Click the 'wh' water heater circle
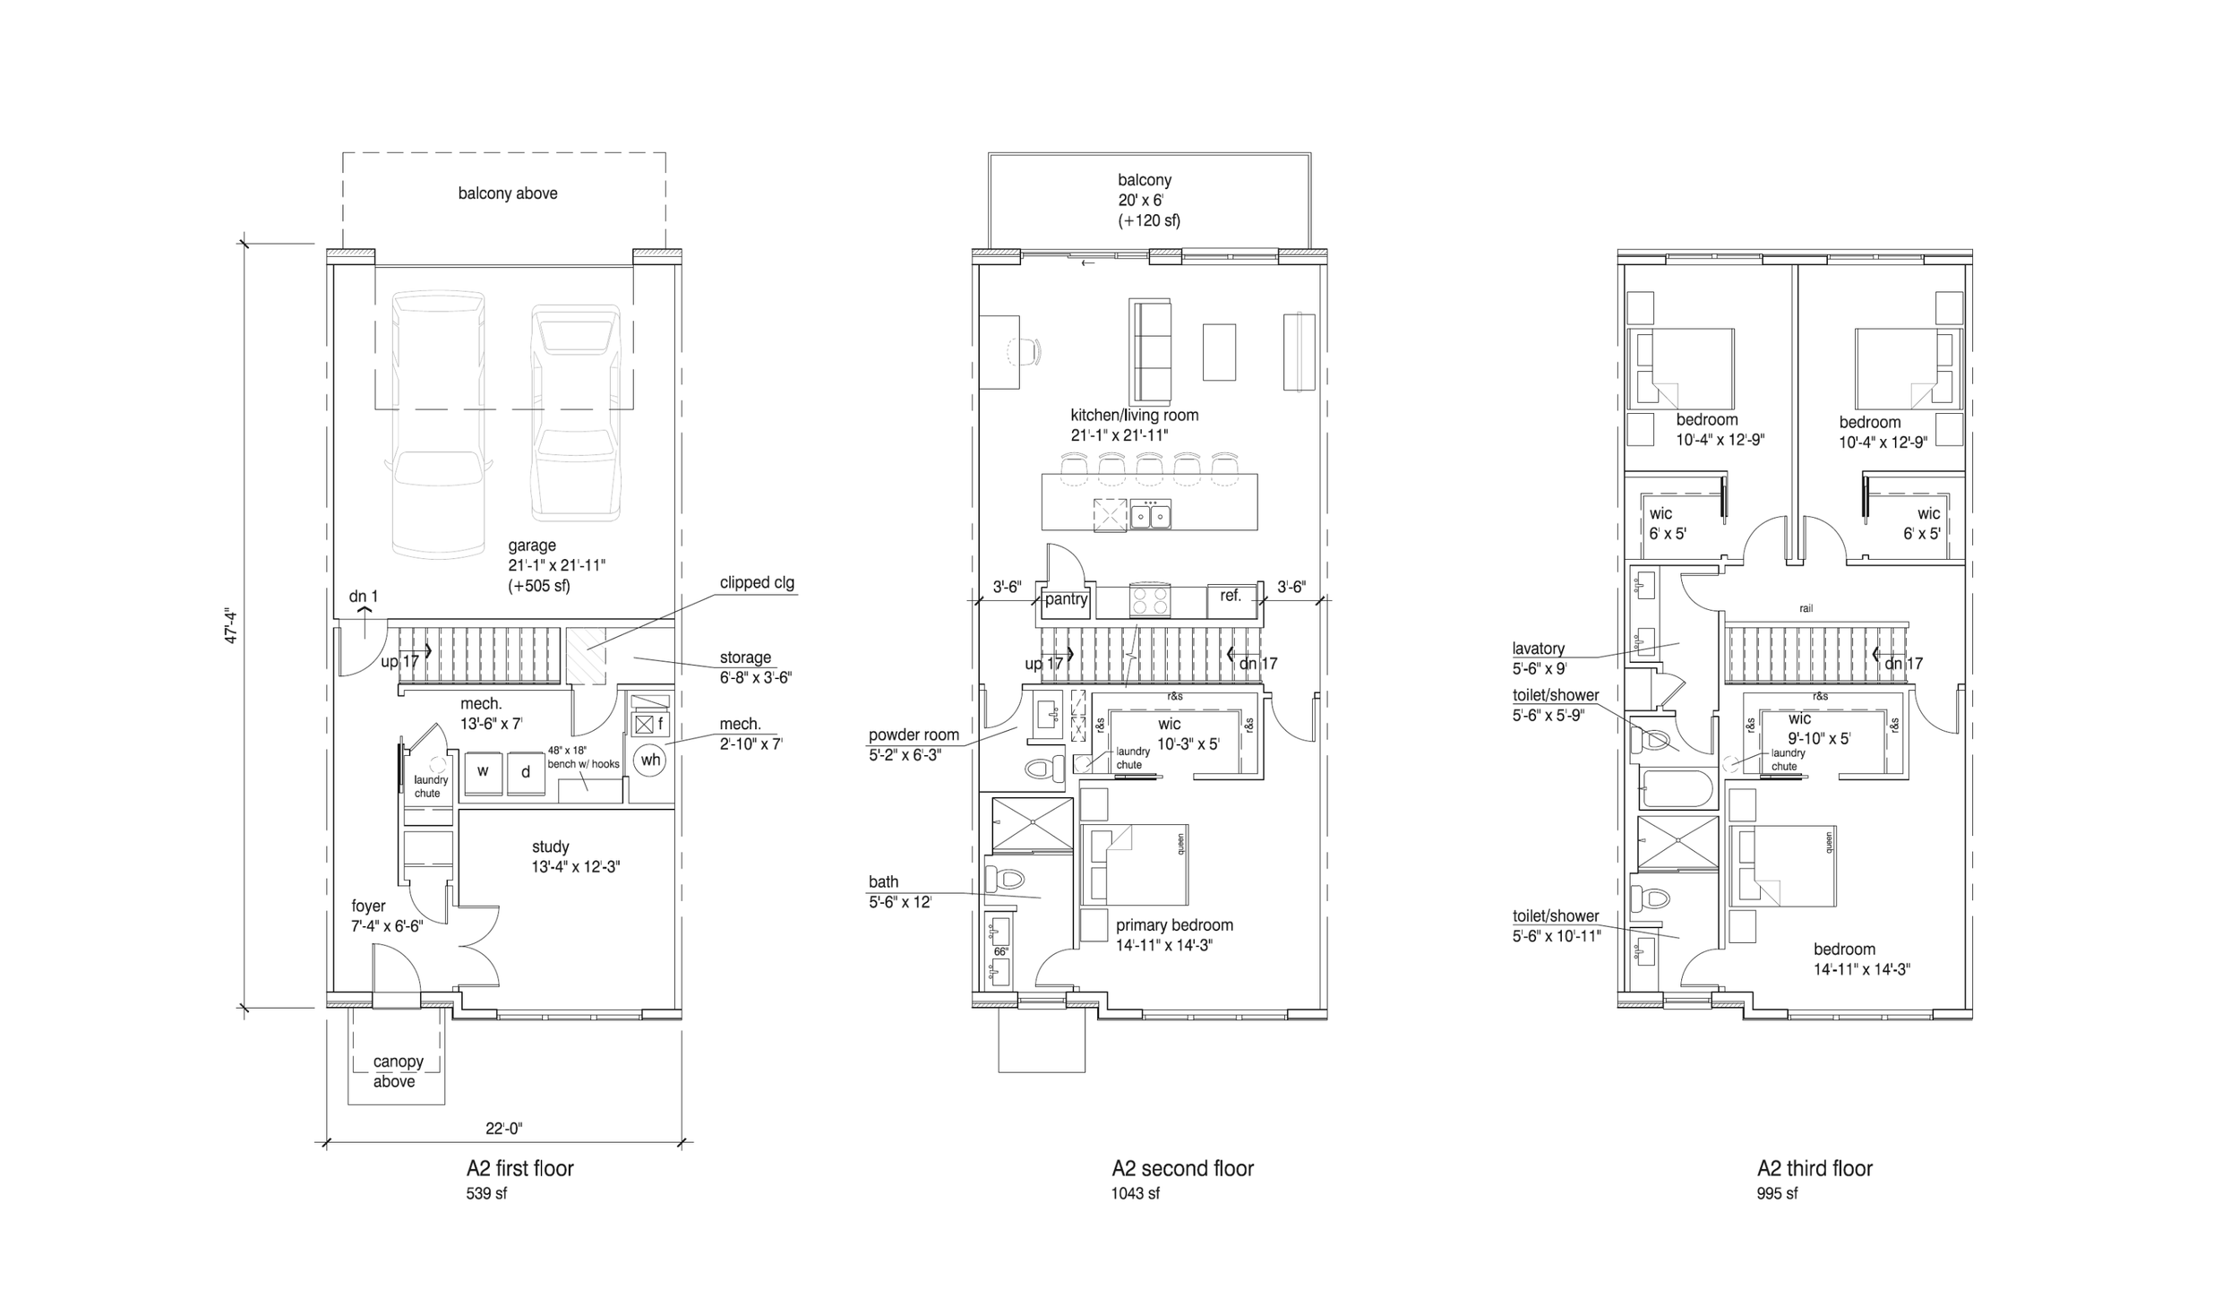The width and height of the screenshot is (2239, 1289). pyautogui.click(x=650, y=761)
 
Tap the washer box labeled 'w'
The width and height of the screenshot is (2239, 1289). pyautogui.click(x=483, y=771)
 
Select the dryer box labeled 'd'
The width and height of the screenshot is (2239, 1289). pyautogui.click(x=526, y=771)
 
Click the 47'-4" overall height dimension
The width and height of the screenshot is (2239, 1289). pyautogui.click(x=232, y=626)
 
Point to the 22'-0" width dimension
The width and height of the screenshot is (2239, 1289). pyautogui.click(x=503, y=1129)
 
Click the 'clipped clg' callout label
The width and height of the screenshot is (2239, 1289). pyautogui.click(x=757, y=583)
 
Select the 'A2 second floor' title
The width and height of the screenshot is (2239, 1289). pyautogui.click(x=1182, y=1169)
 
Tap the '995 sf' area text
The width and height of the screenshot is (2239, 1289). pyautogui.click(x=1777, y=1194)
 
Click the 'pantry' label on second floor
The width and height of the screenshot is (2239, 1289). pyautogui.click(x=1066, y=599)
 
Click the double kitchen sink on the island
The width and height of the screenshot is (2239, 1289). pyautogui.click(x=1150, y=515)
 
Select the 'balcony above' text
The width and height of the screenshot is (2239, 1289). pyautogui.click(x=508, y=193)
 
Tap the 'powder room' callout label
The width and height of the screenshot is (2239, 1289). pyautogui.click(x=914, y=735)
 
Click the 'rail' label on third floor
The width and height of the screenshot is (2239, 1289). pyautogui.click(x=1806, y=609)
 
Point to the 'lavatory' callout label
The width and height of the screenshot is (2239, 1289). pyautogui.click(x=1538, y=649)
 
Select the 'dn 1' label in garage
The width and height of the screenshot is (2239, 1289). pyautogui.click(x=364, y=597)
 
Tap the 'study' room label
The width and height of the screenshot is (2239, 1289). pyautogui.click(x=550, y=846)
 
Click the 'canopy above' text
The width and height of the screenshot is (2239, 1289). pyautogui.click(x=397, y=1071)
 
